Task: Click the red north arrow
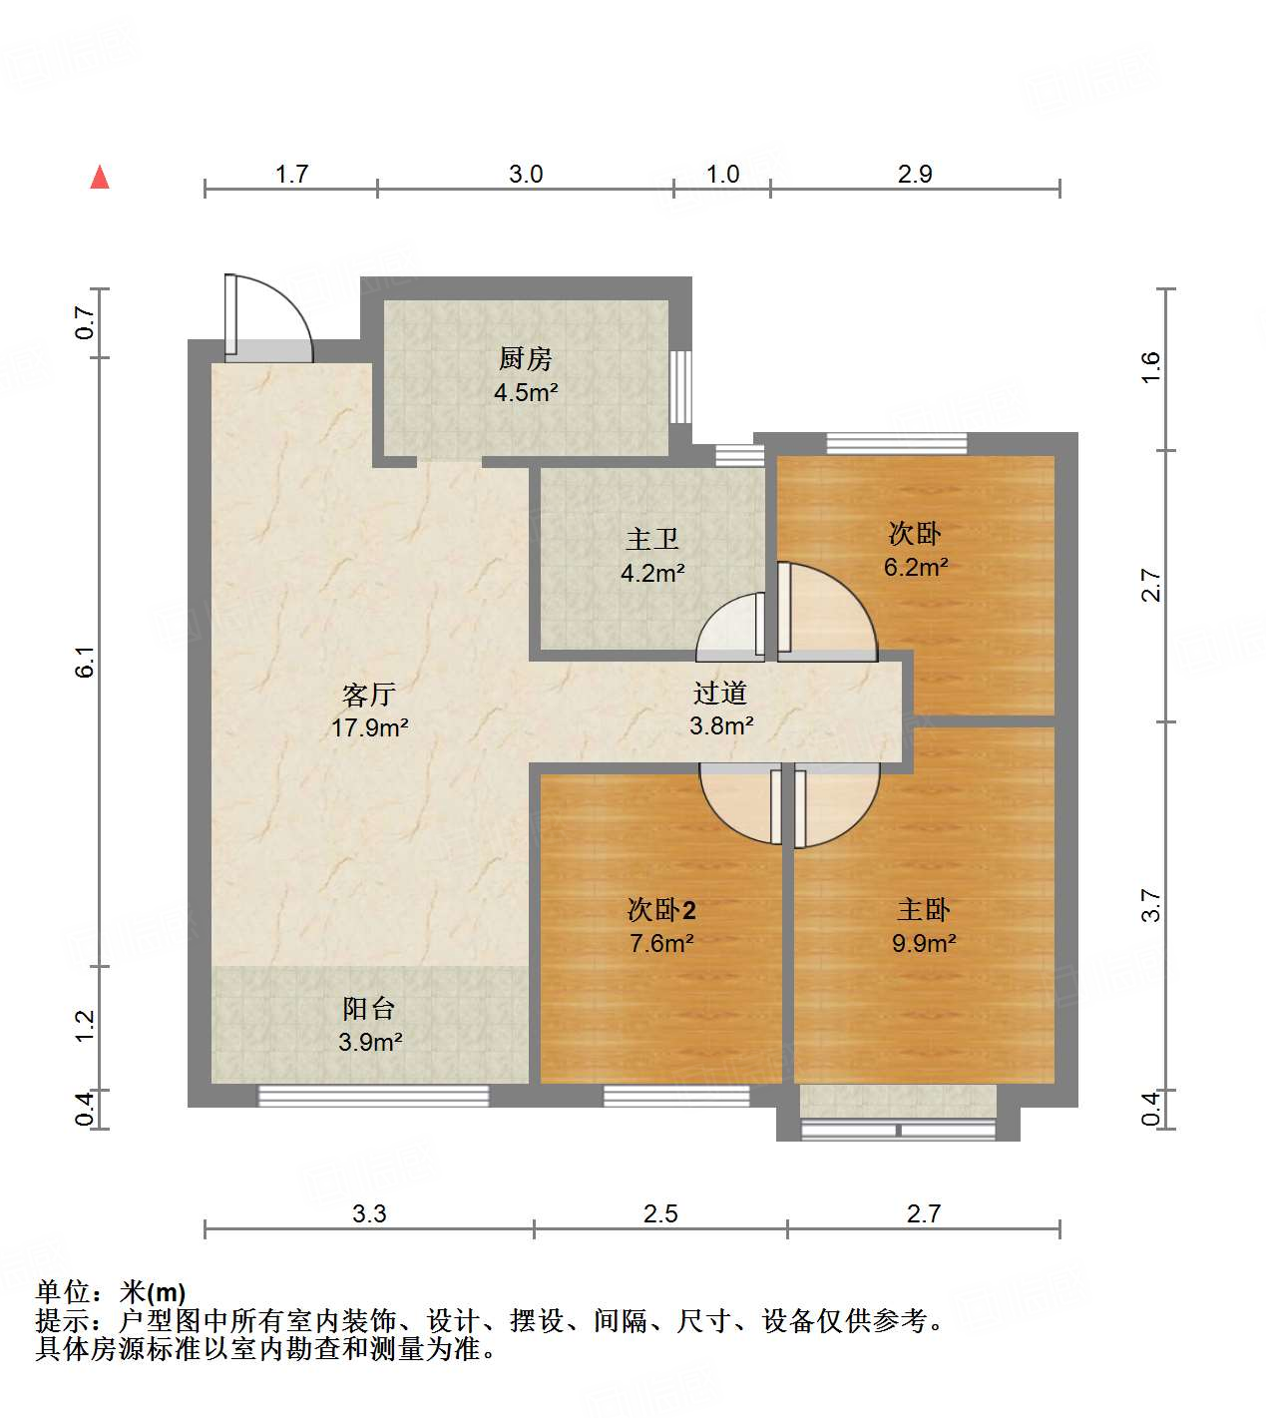point(100,177)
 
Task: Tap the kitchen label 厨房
point(525,358)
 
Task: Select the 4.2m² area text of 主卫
point(652,574)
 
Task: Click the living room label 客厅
point(369,694)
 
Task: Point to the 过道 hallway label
point(720,692)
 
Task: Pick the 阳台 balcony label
point(370,1008)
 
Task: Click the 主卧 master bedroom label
point(924,909)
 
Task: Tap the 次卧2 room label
point(661,909)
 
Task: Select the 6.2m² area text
point(915,568)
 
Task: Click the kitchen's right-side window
point(681,387)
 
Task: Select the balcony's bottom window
point(373,1096)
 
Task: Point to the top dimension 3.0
point(526,175)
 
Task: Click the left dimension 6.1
point(86,662)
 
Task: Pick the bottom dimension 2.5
point(660,1213)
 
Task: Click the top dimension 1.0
point(722,175)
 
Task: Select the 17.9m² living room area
point(369,727)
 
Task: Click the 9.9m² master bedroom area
point(924,943)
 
